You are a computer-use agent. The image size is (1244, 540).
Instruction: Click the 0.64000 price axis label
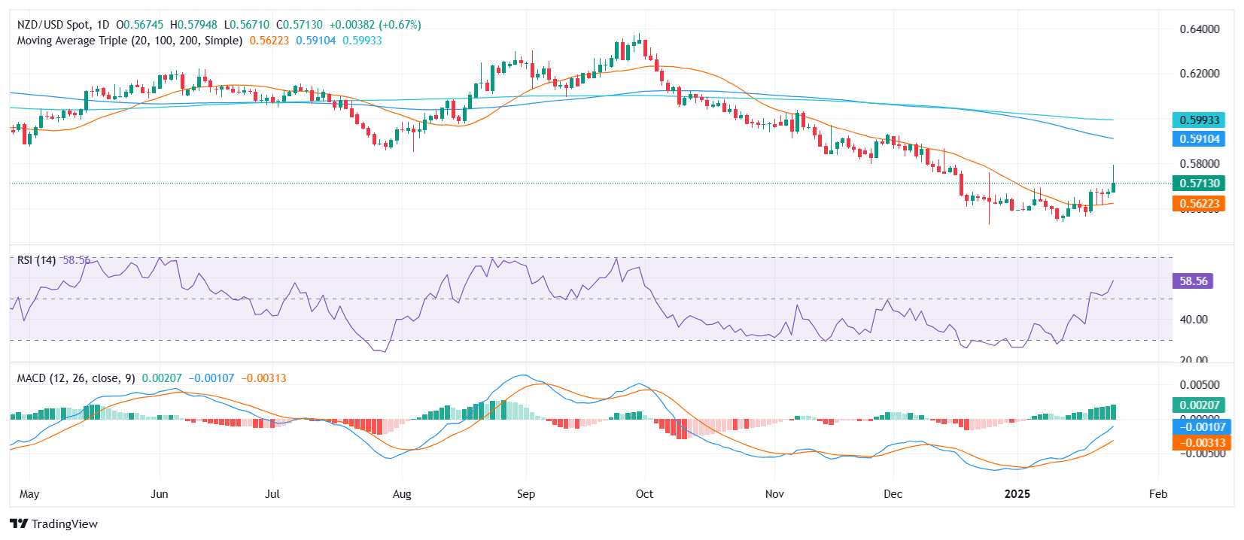(x=1199, y=29)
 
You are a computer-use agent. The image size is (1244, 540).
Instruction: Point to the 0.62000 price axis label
(x=1199, y=74)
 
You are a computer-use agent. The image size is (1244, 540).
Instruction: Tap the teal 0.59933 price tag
(x=1199, y=120)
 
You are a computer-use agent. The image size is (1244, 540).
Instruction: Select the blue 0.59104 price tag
(x=1199, y=139)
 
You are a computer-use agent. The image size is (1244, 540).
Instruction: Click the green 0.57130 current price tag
(x=1199, y=184)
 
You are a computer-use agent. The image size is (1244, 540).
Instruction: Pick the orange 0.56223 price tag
(x=1199, y=204)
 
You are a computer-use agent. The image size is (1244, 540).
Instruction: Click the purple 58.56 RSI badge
(x=1193, y=281)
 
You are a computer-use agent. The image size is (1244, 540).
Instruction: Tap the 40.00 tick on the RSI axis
(x=1194, y=320)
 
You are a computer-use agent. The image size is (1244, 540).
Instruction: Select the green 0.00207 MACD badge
(x=1199, y=405)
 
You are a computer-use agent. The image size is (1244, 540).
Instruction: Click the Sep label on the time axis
(x=526, y=494)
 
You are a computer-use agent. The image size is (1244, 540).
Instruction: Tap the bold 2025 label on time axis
(x=1017, y=494)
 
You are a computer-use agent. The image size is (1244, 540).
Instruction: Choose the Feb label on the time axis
(x=1158, y=494)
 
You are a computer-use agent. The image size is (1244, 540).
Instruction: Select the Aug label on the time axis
(x=402, y=494)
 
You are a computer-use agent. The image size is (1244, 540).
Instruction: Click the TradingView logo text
(x=64, y=524)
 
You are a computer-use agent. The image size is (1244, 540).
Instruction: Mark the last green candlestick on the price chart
(x=1113, y=187)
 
